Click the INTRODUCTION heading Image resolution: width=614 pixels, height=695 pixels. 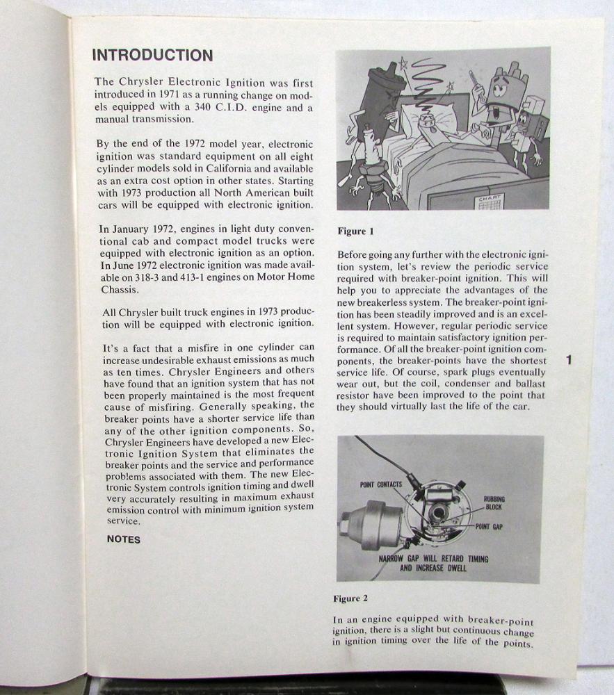pos(152,56)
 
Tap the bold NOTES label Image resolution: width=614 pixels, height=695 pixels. pos(123,539)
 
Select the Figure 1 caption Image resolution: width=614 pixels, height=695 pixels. pos(355,231)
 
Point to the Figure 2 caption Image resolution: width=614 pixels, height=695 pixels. pos(352,598)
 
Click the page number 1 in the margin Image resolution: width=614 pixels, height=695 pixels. pos(569,360)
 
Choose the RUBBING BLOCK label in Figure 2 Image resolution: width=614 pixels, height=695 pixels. pos(494,502)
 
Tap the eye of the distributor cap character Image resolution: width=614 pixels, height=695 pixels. pos(499,85)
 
